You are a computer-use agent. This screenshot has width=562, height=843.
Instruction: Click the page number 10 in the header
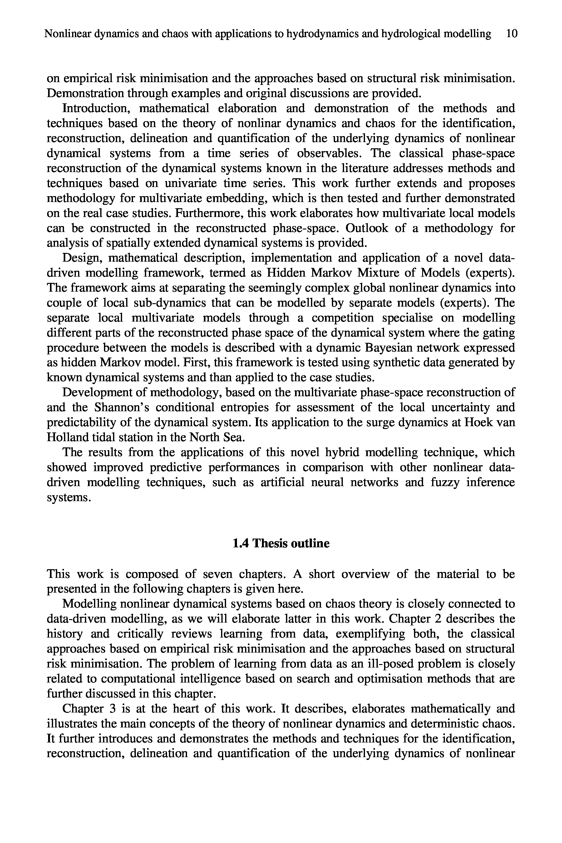pos(512,34)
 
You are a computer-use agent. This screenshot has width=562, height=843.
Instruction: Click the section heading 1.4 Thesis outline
pos(281,543)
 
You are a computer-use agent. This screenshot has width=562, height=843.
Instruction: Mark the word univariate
pos(191,183)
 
